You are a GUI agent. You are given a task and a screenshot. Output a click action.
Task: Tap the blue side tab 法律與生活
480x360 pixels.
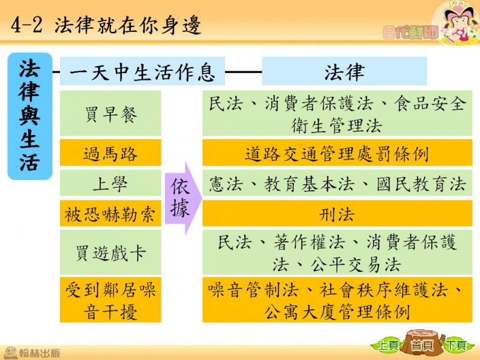30,116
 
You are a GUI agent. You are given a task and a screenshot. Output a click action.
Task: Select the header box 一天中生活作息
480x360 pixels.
142,71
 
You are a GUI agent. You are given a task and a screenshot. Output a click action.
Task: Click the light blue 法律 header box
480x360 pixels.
344,71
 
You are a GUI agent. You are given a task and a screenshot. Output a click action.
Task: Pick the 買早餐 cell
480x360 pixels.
110,113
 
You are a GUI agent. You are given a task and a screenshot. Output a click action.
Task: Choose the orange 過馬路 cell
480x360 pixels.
110,153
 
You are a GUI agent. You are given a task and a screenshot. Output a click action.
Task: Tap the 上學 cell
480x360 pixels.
110,183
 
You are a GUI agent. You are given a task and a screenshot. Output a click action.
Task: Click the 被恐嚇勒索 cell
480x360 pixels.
110,214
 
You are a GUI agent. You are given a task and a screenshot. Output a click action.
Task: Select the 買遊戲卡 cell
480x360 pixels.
110,253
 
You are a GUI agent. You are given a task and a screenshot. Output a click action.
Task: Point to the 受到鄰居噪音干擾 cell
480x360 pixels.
110,299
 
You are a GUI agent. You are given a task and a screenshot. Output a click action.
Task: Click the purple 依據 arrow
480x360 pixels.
184,199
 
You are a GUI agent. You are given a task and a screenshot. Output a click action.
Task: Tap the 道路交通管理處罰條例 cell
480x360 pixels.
337,153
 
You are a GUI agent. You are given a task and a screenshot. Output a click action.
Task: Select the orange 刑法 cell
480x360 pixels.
337,214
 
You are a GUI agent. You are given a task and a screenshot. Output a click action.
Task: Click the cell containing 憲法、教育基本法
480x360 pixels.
337,183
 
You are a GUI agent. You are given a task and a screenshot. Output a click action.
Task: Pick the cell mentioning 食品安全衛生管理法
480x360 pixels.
337,113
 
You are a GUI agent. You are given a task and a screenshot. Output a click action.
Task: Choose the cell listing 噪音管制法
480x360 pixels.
337,299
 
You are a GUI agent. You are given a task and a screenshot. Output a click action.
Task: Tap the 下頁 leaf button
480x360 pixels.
457,346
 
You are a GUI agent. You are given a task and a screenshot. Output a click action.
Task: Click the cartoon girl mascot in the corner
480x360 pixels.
458,23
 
